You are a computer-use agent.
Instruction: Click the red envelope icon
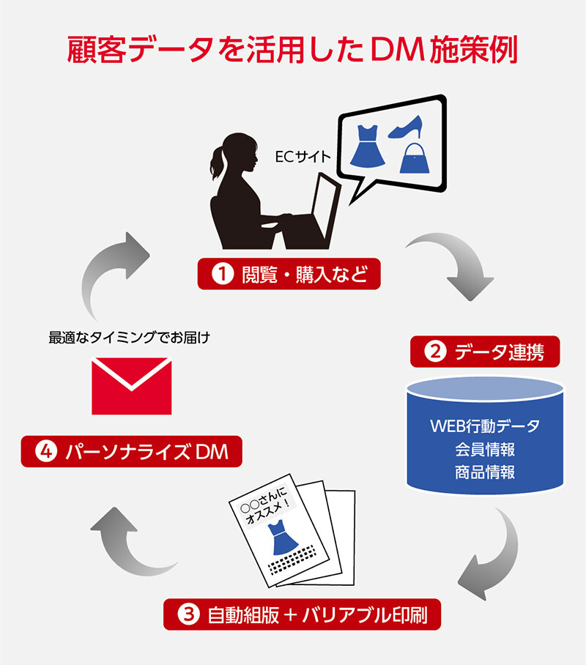click(x=131, y=385)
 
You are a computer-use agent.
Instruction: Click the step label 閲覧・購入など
click(x=288, y=274)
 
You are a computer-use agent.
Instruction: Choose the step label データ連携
click(x=486, y=352)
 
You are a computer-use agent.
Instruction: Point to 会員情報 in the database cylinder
click(x=484, y=448)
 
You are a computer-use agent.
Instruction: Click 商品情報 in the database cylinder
click(x=484, y=472)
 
